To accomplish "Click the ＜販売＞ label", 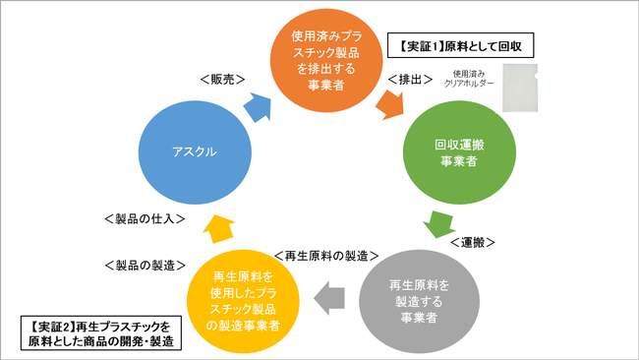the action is point(221,78).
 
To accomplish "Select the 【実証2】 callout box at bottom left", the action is point(96,334).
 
